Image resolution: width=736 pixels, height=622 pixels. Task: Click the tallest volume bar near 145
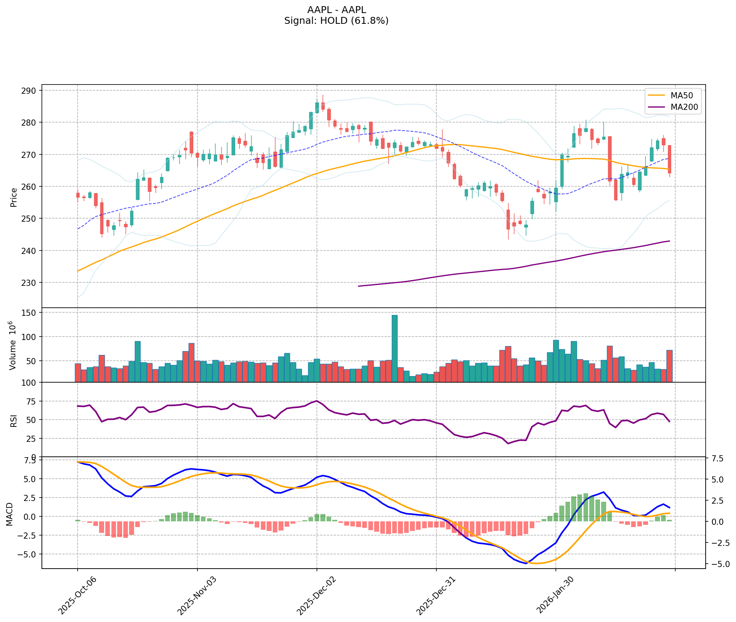click(x=395, y=348)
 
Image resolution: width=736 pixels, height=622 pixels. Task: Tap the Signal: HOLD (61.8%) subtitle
click(x=336, y=21)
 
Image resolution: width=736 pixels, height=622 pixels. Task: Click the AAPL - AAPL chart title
click(x=337, y=10)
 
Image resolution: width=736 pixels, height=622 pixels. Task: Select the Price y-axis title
click(x=14, y=197)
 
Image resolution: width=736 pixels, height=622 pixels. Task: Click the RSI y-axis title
click(x=14, y=420)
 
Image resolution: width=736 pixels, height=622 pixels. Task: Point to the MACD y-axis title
click(x=10, y=514)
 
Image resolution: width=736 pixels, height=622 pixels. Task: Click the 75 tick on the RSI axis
click(x=31, y=401)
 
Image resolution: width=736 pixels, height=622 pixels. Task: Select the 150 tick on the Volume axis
click(x=30, y=313)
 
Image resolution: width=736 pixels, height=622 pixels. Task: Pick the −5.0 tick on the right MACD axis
click(x=716, y=564)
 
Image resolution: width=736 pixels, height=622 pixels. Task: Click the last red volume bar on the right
click(x=669, y=366)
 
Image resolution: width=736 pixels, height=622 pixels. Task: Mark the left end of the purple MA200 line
click(x=358, y=286)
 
